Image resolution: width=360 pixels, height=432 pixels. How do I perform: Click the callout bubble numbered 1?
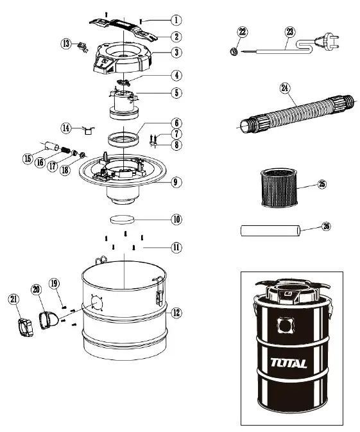click(x=175, y=20)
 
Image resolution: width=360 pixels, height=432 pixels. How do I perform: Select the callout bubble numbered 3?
click(x=175, y=53)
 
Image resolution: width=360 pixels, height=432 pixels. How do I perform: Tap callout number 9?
click(x=175, y=182)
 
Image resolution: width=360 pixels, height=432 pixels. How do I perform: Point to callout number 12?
click(x=175, y=313)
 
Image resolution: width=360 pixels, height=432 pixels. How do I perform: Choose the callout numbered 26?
click(x=327, y=226)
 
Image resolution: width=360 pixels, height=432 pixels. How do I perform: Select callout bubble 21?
click(x=14, y=298)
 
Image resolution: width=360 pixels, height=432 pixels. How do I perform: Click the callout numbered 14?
click(x=65, y=128)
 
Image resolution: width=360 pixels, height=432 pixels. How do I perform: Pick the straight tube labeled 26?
click(x=270, y=230)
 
